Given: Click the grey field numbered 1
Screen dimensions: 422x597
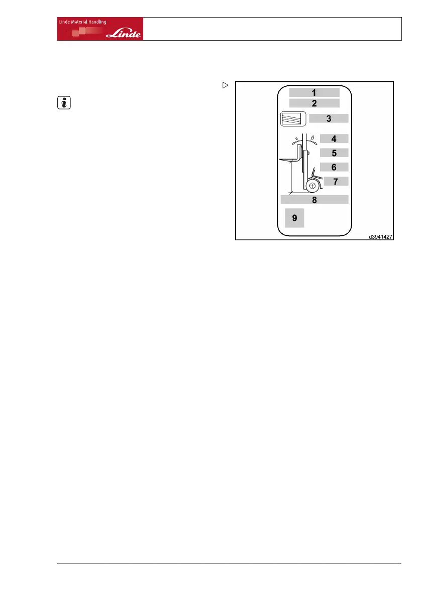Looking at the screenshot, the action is (314, 92).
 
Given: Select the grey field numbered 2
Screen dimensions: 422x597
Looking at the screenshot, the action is (314, 103).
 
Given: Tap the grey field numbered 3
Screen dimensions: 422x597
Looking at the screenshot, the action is (328, 119).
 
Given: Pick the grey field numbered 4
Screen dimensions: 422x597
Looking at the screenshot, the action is (334, 139).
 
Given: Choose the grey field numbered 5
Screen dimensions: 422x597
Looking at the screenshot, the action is (334, 153).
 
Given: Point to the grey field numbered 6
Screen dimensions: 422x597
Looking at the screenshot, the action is (334, 167).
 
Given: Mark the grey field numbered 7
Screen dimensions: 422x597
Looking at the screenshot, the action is (336, 181).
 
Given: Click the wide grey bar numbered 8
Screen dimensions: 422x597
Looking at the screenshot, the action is (314, 200).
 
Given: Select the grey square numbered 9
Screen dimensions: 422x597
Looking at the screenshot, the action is (294, 218).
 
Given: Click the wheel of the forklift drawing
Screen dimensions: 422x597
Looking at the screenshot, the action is (312, 186).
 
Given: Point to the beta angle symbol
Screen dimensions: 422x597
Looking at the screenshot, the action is (312, 137).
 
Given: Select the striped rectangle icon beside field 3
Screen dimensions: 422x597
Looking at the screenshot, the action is (293, 119).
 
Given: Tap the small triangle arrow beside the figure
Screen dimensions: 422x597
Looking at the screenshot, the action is (226, 86).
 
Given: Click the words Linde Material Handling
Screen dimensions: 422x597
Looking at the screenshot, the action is (81, 22).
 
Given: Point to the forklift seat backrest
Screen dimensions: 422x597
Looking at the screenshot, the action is (314, 171).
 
